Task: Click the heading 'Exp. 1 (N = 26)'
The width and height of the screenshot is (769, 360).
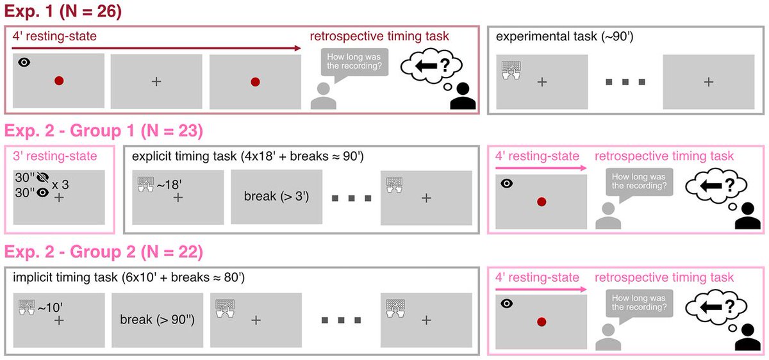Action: (63, 11)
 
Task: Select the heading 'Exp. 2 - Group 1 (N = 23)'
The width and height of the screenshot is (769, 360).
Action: (103, 131)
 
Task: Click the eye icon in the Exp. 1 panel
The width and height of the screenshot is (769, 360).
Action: (24, 62)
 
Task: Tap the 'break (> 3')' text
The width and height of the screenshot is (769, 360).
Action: (276, 197)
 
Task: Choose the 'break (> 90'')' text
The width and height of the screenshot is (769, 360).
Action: (157, 318)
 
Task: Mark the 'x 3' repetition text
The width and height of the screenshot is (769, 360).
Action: (61, 184)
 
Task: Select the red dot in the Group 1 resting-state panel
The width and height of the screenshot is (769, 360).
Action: (542, 202)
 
